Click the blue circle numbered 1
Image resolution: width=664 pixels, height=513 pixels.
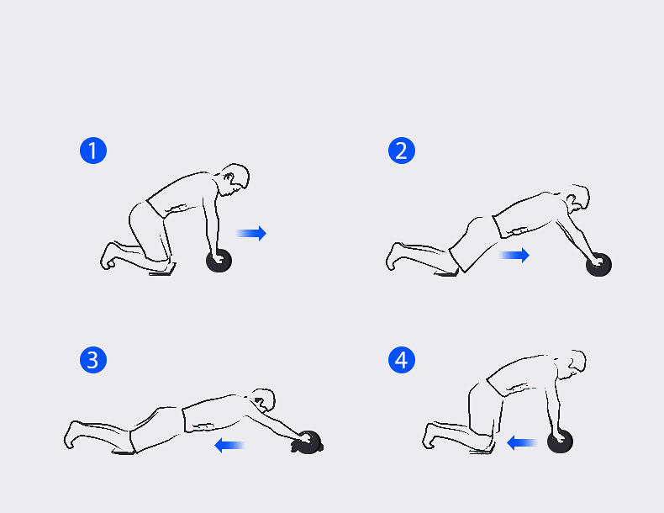tap(93, 151)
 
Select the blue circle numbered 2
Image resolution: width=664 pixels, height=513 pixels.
tap(402, 151)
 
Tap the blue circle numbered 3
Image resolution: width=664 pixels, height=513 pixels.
tap(93, 360)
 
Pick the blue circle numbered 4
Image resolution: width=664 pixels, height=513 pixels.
tap(402, 360)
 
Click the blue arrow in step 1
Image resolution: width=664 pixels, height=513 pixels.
tap(251, 233)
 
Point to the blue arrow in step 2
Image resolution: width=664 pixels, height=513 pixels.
tap(514, 255)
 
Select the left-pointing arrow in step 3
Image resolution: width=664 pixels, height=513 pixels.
tap(230, 445)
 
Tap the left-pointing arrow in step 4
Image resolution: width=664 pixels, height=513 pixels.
tap(522, 443)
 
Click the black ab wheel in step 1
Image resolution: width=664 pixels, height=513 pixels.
tap(219, 261)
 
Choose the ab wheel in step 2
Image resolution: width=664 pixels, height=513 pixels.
tap(598, 265)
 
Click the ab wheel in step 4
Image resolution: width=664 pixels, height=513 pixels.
tap(561, 441)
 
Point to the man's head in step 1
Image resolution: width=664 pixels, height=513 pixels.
tap(235, 180)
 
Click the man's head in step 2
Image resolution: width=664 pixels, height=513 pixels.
tap(578, 198)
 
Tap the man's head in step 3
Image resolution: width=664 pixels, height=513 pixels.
tap(264, 400)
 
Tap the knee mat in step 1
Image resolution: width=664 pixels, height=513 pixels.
tap(162, 269)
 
